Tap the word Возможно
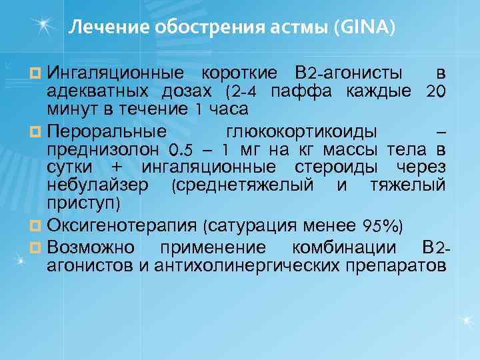point(90,247)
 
